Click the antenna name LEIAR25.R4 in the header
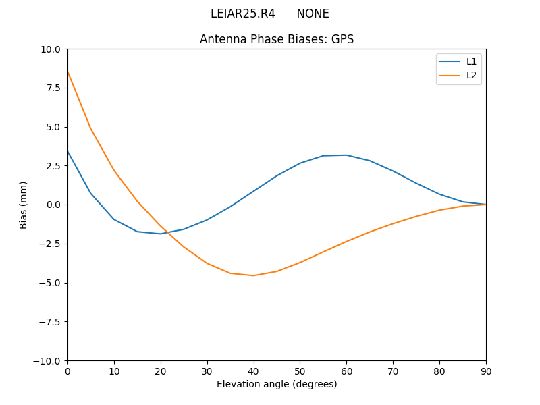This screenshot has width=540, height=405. click(242, 13)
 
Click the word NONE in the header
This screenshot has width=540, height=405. click(313, 13)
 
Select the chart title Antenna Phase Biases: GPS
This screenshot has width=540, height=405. click(277, 39)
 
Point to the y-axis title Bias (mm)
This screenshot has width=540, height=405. click(24, 205)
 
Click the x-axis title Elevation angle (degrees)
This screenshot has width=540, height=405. click(277, 384)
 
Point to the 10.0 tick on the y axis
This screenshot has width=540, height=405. click(51, 49)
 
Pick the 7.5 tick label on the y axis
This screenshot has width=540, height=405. click(53, 88)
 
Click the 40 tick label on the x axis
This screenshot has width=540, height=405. click(253, 371)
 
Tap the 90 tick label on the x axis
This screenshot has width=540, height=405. click(486, 371)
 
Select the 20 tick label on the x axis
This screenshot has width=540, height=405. click(161, 371)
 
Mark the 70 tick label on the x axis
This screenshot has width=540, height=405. click(393, 371)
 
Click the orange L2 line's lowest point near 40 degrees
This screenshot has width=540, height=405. click(253, 275)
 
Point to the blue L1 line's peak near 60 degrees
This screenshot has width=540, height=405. click(346, 155)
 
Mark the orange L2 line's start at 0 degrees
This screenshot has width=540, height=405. click(68, 72)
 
